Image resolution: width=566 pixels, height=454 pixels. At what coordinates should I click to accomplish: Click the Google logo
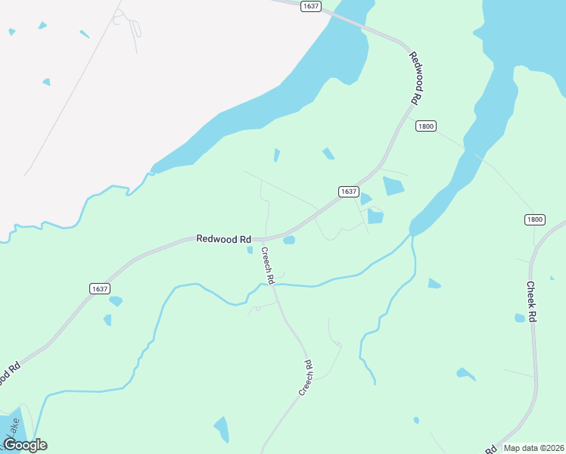point(25,445)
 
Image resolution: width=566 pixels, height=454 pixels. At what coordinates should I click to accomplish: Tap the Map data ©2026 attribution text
point(534,448)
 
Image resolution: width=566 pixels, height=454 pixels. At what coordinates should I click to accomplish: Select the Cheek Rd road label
point(531,303)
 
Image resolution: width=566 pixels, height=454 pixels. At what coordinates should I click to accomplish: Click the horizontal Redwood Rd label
point(223,238)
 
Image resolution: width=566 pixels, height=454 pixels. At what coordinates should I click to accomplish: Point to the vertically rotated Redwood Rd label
point(415,78)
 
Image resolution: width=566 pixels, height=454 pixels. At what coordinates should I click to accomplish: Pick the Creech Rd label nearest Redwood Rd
point(267,265)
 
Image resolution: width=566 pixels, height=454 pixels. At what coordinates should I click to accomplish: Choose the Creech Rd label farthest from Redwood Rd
point(306,377)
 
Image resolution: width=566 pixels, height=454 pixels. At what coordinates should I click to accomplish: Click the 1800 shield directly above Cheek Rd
point(534,219)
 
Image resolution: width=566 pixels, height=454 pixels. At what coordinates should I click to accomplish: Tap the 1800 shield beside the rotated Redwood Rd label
point(426,126)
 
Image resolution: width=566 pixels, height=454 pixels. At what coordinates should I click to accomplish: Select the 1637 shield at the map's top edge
point(310,6)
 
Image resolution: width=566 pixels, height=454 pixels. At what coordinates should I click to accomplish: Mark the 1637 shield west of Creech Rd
point(99,288)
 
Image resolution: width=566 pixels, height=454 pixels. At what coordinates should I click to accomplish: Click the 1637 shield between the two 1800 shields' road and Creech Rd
point(347,191)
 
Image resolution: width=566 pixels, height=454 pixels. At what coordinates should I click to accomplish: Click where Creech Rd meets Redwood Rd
point(262,240)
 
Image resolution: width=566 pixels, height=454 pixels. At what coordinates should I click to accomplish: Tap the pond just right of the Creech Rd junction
point(288,241)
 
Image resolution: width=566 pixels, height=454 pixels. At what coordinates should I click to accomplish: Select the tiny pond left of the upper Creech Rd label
point(250,250)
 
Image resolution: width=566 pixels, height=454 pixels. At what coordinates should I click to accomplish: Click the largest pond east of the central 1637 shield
point(393,186)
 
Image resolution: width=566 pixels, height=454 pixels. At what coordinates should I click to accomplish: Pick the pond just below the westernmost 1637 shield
point(115,301)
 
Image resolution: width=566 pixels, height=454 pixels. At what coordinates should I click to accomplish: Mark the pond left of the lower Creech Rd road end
point(222,429)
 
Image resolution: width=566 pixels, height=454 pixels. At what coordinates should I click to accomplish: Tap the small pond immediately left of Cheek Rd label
point(520,318)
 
